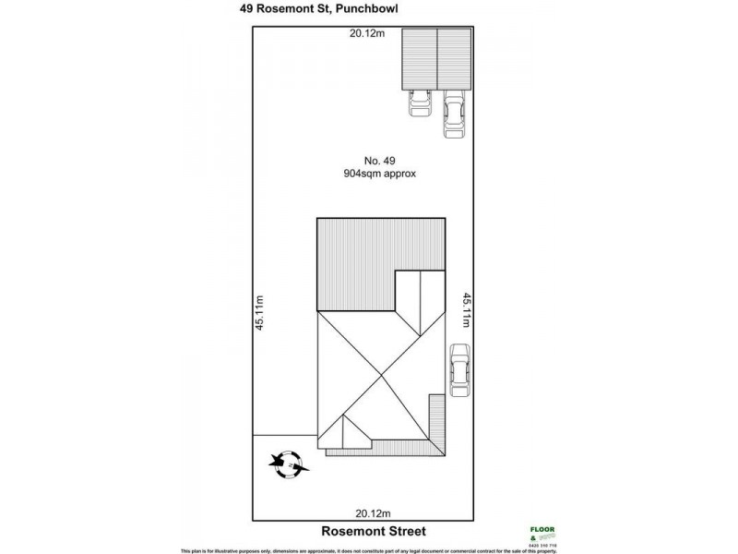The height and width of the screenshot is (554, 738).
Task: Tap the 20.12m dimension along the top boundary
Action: (366, 35)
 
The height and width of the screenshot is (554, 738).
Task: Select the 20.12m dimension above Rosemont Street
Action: (375, 513)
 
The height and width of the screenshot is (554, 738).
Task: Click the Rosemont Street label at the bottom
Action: (374, 532)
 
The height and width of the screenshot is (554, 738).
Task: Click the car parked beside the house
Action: (458, 370)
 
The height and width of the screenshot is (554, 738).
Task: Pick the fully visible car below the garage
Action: (453, 114)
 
